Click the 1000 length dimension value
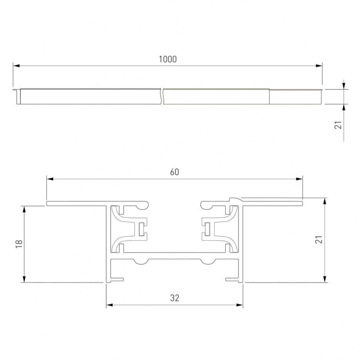168,59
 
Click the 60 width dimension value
174,172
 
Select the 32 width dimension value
174,298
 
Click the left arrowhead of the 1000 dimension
16,66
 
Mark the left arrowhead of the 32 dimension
109,305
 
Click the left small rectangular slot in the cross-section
141,229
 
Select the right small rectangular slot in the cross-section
208,229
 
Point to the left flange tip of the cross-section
48,203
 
